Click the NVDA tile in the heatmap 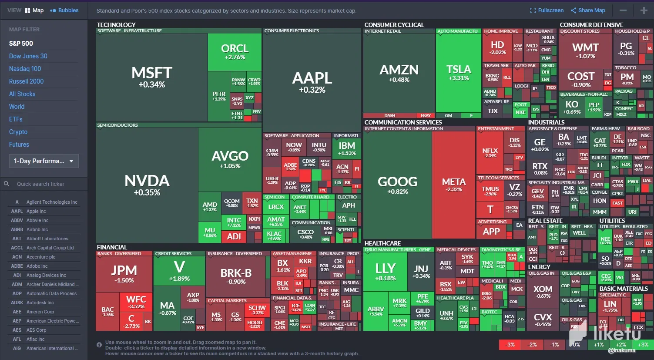[x=147, y=185]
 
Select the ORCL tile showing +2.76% [x=235, y=51]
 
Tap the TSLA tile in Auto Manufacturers [x=459, y=72]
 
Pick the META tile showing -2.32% [x=453, y=185]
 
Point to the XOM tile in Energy [x=543, y=291]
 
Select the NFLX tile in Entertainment [x=490, y=152]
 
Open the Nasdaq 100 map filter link [x=25, y=69]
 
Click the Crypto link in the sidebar [x=18, y=132]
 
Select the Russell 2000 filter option [x=27, y=81]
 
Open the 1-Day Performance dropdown [x=44, y=161]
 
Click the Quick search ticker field [x=44, y=184]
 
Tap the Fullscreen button [x=547, y=10]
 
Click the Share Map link [x=588, y=10]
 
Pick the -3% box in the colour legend [x=510, y=345]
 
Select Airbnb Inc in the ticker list [x=37, y=229]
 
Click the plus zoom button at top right [x=644, y=10]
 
